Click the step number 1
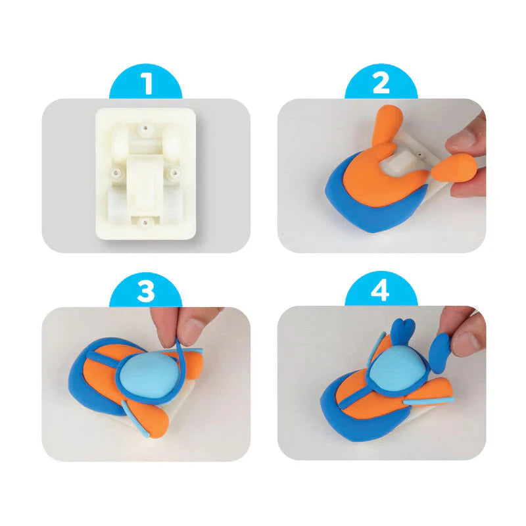(x=146, y=84)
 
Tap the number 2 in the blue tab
(x=381, y=84)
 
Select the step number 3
(x=146, y=291)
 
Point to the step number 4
(x=381, y=291)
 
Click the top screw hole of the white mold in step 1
(x=145, y=123)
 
